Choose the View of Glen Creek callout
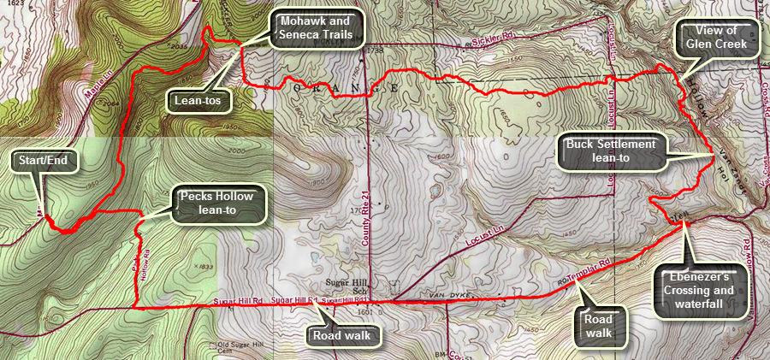(717, 38)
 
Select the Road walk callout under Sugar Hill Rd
(341, 335)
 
